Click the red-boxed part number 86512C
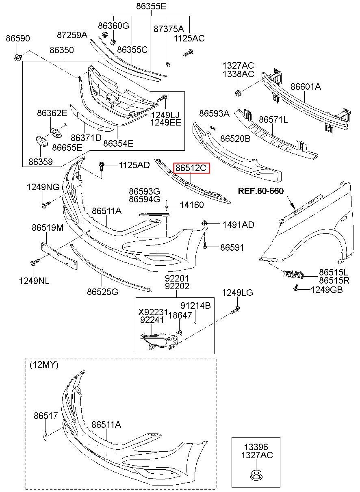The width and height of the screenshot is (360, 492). [191, 168]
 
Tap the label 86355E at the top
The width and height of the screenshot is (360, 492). [151, 6]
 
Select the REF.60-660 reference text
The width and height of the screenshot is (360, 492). [261, 191]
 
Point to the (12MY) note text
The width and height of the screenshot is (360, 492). [44, 365]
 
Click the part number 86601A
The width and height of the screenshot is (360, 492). [306, 87]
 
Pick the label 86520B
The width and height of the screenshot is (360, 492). [235, 139]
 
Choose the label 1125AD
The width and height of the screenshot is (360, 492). [134, 165]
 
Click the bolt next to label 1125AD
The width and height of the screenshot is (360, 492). [102, 167]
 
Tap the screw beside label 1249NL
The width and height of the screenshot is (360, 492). [35, 262]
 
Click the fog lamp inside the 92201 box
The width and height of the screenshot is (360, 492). [158, 342]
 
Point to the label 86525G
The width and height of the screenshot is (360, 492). [102, 292]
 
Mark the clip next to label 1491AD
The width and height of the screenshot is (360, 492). [204, 223]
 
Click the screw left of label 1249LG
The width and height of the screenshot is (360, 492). [235, 310]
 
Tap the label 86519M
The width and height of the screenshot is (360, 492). [48, 228]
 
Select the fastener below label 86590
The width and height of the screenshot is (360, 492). [17, 57]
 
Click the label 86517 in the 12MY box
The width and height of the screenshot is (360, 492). [46, 416]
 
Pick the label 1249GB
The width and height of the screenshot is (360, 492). [327, 290]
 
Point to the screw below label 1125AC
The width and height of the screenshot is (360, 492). [188, 53]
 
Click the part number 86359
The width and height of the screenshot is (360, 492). [41, 162]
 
